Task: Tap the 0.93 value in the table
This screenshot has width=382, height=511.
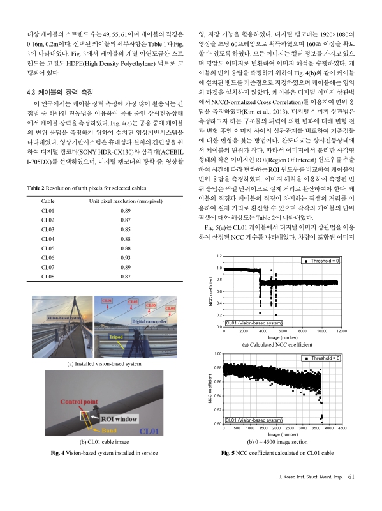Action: [126, 256]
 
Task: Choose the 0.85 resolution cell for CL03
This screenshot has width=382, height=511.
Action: [126, 229]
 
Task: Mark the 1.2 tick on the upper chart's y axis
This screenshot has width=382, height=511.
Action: [219, 273]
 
